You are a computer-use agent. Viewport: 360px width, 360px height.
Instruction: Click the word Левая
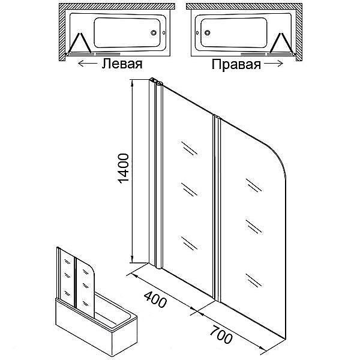(x=122, y=64)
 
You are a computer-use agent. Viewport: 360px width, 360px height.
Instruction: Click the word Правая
(x=236, y=64)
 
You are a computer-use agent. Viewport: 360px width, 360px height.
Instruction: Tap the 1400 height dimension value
(x=123, y=169)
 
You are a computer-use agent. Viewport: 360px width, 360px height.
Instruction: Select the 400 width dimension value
(x=155, y=300)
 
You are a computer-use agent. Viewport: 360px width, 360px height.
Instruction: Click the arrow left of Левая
(x=88, y=64)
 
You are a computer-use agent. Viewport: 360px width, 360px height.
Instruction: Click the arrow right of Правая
(x=274, y=64)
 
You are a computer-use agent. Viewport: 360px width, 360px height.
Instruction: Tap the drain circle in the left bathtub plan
(x=154, y=32)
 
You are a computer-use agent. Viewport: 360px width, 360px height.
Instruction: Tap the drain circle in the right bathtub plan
(x=208, y=33)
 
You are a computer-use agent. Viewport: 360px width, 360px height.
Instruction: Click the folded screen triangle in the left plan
(x=79, y=44)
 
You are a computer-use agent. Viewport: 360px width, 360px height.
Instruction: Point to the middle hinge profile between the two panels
(x=217, y=208)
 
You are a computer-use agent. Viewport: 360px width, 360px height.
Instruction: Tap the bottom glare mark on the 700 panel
(x=254, y=280)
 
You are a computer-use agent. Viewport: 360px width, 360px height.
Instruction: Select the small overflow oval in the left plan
(x=164, y=33)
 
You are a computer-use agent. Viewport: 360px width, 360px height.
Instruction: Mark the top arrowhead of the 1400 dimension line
(x=133, y=83)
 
